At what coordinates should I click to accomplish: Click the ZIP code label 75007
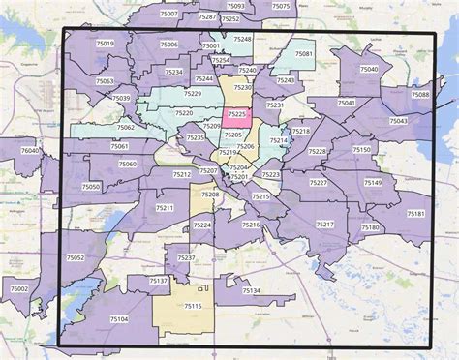coord(169,15)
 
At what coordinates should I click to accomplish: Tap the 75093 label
coord(235,7)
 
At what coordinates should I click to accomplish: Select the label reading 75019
coord(106,44)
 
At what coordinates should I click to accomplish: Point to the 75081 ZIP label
coord(303,54)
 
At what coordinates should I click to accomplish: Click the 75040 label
coord(369,69)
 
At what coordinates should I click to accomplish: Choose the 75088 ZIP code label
coord(420,94)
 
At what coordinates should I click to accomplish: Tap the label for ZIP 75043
coord(398,121)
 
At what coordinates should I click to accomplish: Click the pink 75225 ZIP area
coord(235,113)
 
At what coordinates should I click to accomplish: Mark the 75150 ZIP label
coord(360,150)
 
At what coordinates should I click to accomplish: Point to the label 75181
coord(415,213)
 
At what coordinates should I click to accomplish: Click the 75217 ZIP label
coord(324,224)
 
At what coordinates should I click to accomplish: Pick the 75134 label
coord(251,290)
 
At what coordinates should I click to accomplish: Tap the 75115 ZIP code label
coord(193,306)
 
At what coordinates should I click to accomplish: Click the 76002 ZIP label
coord(18,288)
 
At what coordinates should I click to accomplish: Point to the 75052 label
coord(76,257)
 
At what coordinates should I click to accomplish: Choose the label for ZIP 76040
coord(31,151)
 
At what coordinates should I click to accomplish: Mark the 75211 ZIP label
coord(165,208)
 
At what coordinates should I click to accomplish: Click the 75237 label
coord(186,258)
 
